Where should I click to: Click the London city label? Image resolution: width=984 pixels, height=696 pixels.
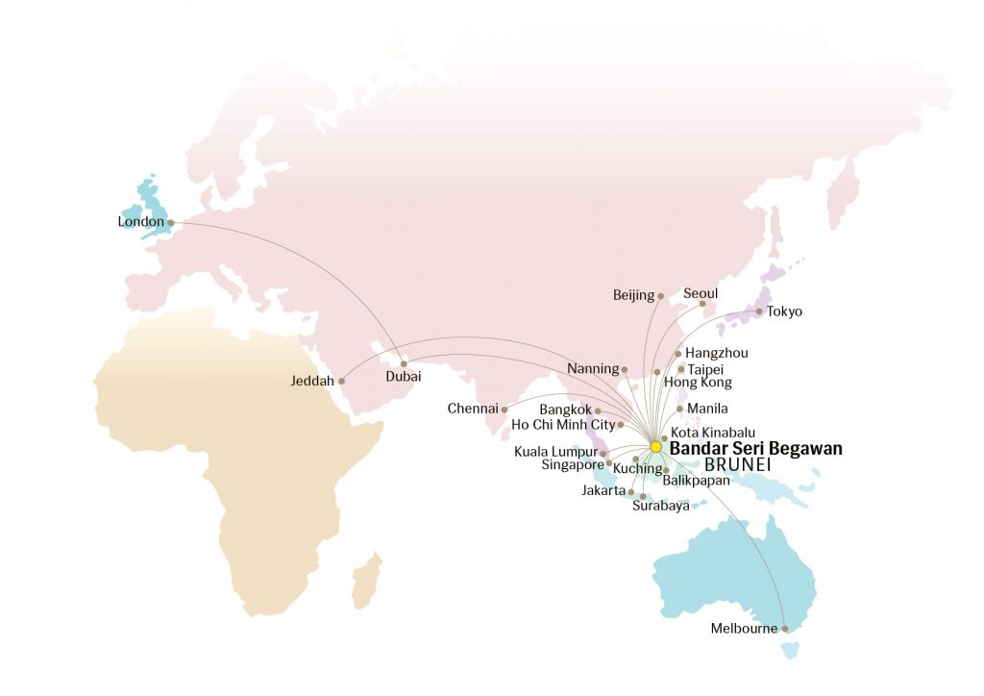pos(141,222)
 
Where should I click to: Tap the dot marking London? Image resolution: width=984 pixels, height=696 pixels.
pos(171,223)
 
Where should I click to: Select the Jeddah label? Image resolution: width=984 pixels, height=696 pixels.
pos(311,382)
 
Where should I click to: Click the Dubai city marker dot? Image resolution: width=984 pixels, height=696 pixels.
pos(404,363)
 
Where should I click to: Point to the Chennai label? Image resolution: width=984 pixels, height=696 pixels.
pos(472,410)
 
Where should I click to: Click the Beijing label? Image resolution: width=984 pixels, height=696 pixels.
pos(633,295)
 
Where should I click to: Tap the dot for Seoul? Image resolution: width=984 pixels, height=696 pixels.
pos(702,305)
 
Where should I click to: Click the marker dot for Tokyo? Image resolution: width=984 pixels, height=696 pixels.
pos(759,311)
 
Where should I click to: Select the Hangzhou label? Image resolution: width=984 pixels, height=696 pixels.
pos(716,353)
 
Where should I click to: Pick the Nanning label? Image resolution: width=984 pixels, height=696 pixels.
pos(593,369)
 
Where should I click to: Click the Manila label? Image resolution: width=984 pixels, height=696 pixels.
pos(707,409)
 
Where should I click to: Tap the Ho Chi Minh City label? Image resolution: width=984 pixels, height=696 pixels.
pos(563,424)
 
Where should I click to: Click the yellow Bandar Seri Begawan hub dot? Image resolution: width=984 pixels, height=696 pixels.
pos(656,447)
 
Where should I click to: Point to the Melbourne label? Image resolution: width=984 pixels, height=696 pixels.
pos(744,629)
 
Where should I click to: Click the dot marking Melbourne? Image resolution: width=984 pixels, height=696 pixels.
pos(785,629)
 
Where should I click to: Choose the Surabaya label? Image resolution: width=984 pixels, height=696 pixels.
pos(660,507)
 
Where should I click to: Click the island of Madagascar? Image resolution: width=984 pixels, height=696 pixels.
pos(365,582)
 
